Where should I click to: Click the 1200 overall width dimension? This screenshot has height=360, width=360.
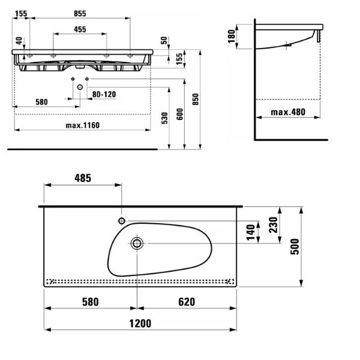point(140,323)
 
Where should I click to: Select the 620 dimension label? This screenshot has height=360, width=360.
point(187,302)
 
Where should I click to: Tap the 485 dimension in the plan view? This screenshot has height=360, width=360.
point(83,178)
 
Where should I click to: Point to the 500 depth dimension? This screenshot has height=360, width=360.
point(295,247)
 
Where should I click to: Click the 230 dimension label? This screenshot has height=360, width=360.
point(273,225)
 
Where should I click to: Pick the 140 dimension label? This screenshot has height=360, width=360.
point(251,232)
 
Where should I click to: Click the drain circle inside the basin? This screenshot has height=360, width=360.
point(137,244)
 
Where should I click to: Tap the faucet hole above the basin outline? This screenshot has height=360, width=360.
point(122,221)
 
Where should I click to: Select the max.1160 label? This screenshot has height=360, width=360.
point(83,125)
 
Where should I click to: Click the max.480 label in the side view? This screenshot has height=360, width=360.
point(288,112)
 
